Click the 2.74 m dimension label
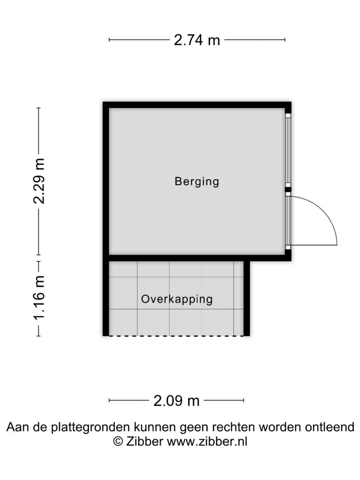tap(197, 40)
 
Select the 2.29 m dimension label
tap(39, 181)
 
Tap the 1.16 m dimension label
tap(39, 297)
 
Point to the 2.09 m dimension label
tap(176, 401)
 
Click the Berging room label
tap(197, 181)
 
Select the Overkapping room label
tap(176, 300)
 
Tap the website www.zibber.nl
tap(207, 441)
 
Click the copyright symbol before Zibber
tap(118, 441)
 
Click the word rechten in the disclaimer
tap(234, 427)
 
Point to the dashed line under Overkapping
tap(176, 336)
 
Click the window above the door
tap(288, 151)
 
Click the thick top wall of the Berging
tap(197, 105)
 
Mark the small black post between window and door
tap(288, 190)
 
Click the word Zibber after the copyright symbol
tap(144, 441)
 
